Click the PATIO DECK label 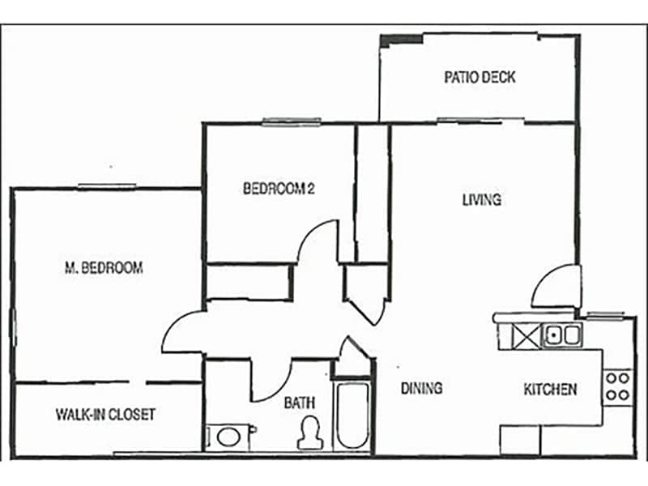coord(480,78)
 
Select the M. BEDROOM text coord(103,267)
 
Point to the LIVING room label coord(481,199)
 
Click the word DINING coord(421,388)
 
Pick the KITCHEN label coord(550,389)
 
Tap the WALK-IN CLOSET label coord(105,414)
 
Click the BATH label coord(299,402)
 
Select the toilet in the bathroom coord(309,433)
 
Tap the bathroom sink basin coord(228,437)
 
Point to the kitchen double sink coord(561,334)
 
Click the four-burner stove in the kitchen coord(618,386)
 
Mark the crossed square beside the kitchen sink coord(526,335)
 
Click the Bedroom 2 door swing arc coord(318,241)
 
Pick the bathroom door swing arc coord(272,381)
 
